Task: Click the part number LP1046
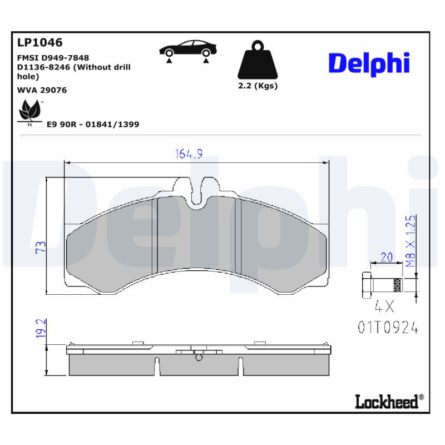coord(40,43)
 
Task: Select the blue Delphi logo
coord(369,64)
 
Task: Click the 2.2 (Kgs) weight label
coord(258,86)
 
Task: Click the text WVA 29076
coord(42,90)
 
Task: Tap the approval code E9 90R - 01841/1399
coord(93,125)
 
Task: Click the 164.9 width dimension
coord(189,155)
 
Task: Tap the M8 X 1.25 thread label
coord(411,241)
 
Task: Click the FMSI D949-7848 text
coord(53,57)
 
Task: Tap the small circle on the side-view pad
coord(199,358)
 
